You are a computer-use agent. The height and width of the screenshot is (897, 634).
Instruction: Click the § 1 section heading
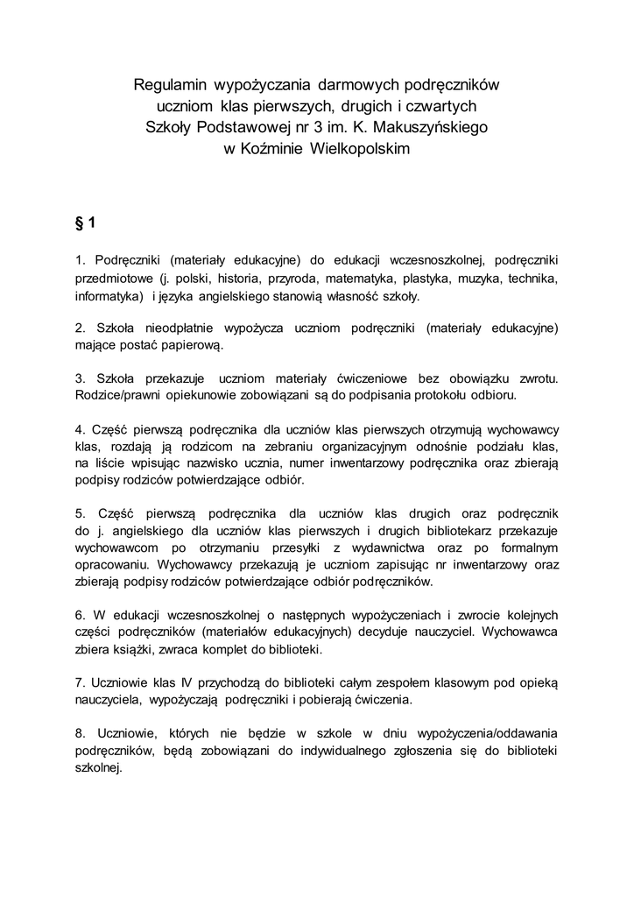86,222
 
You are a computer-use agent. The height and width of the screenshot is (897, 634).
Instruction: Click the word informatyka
109,296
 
